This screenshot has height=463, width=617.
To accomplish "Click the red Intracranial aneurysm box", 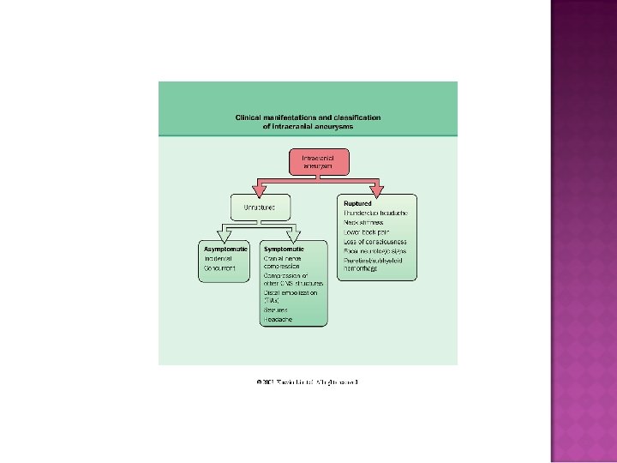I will [318, 161].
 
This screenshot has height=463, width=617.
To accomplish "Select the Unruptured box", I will [260, 207].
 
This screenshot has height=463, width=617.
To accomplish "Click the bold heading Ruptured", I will [357, 203].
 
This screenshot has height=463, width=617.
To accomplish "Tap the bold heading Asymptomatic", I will [225, 249].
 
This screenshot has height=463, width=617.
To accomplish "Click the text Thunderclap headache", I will [375, 213].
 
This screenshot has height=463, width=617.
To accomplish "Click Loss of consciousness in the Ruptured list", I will [374, 241].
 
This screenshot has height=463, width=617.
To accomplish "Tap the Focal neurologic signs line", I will [374, 250].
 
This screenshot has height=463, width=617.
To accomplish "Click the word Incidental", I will [219, 258].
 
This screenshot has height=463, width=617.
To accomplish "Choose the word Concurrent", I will [219, 268].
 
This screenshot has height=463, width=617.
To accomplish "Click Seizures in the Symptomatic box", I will [277, 310].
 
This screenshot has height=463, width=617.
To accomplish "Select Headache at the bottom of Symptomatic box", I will [278, 320].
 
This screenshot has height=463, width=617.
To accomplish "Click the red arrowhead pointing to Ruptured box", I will [375, 189].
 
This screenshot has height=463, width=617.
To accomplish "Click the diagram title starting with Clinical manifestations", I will [308, 122].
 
